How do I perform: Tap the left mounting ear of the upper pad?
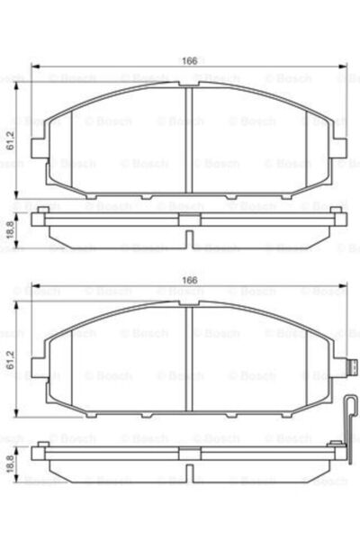(x=37, y=144)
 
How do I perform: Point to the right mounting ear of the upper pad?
(x=341, y=144)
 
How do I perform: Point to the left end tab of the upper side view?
(x=38, y=216)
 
